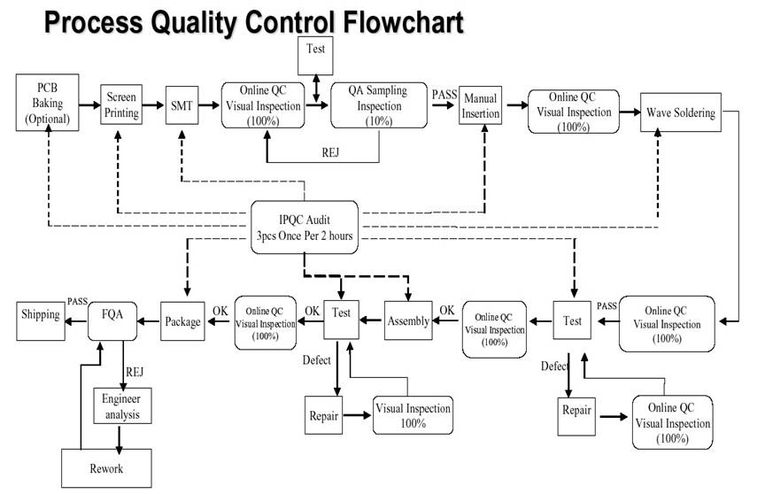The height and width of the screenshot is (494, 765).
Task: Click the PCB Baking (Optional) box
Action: [46, 103]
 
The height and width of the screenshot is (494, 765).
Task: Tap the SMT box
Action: [181, 105]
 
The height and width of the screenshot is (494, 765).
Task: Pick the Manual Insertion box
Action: [481, 106]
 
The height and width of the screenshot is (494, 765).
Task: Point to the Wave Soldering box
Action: [677, 112]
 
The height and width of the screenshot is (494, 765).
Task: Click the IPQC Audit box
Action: [305, 223]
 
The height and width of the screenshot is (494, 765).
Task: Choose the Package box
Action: [182, 320]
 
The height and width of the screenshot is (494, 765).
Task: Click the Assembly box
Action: [408, 320]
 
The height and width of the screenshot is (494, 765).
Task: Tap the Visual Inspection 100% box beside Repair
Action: [413, 415]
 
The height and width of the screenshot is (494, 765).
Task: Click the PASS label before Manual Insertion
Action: [444, 93]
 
